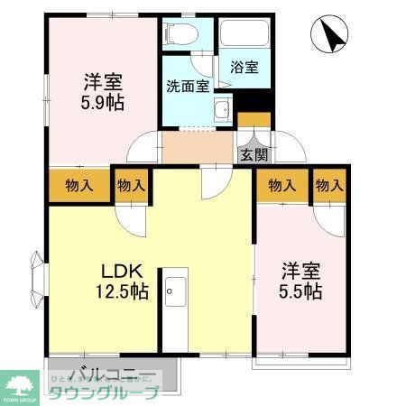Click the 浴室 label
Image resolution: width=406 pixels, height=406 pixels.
click(244, 68)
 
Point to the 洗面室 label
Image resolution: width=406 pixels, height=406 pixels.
click(188, 87)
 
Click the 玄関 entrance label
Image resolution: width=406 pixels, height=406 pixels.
click(253, 154)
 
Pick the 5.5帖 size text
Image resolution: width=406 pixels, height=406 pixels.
click(300, 291)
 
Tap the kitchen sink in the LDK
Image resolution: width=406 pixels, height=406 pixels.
click(175, 292)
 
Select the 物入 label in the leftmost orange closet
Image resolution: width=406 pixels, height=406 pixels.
click(78, 186)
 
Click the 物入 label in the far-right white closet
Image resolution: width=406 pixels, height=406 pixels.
click(329, 186)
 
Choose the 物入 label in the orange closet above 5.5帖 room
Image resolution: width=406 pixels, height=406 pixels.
click(281, 186)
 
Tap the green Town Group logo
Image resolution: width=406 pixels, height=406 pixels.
click(21, 384)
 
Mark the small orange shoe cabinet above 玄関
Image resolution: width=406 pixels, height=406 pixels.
click(254, 119)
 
